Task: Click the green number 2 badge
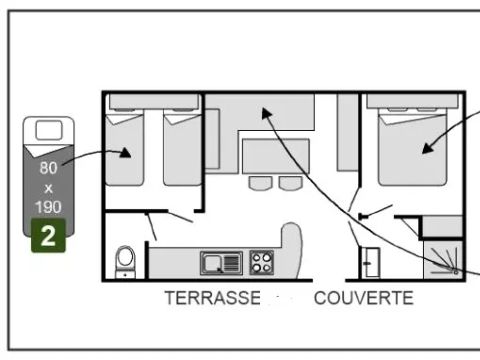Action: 48,238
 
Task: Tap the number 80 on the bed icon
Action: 48,169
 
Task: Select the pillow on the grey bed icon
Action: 48,129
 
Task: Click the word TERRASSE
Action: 213,298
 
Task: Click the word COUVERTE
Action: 363,298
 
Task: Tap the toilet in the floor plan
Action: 126,260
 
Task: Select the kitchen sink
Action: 220,263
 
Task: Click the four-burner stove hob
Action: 262,263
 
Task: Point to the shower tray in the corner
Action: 441,258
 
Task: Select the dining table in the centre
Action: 273,154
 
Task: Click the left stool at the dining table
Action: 259,183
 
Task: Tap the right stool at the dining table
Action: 289,183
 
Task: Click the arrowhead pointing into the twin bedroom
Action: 125,153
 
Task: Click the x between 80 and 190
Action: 48,187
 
